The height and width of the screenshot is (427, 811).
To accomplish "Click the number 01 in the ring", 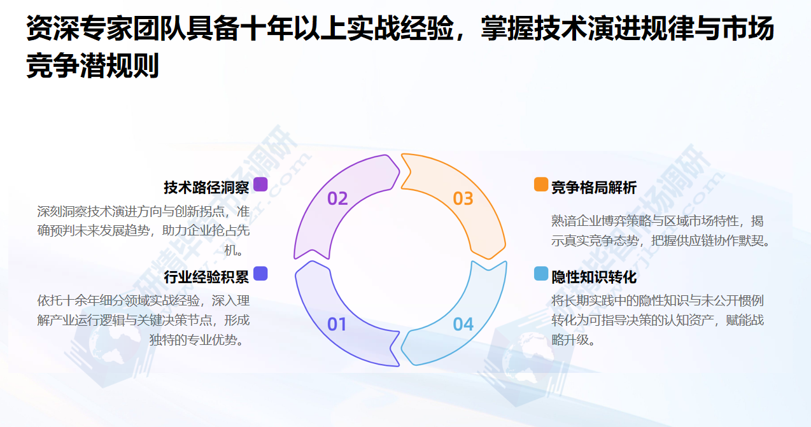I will (337, 325).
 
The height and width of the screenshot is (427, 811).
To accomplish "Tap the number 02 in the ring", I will (337, 199).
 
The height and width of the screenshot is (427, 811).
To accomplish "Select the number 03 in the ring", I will (463, 199).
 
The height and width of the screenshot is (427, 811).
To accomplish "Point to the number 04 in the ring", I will (463, 325).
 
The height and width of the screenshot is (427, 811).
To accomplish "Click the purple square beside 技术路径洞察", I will (260, 185).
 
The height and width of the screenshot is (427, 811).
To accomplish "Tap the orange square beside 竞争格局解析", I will (540, 185).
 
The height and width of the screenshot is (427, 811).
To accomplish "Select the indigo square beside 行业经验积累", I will (260, 274).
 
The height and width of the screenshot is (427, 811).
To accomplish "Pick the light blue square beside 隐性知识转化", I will (540, 274).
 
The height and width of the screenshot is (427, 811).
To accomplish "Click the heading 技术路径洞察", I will (206, 188).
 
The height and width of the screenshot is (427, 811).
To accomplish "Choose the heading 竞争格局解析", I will (593, 188).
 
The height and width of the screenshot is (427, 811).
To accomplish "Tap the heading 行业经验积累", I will (206, 277).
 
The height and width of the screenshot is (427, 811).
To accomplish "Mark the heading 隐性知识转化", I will (593, 277).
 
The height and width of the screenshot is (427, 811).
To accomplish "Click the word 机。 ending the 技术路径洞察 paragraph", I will (235, 250).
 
